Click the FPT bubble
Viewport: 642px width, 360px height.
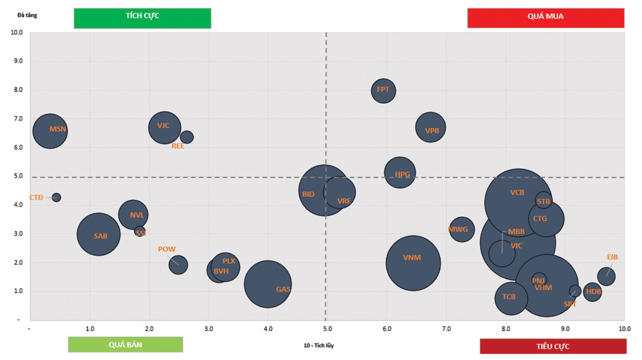(x=383, y=90)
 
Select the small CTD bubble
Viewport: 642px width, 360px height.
(x=56, y=197)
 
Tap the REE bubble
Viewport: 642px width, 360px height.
(x=187, y=137)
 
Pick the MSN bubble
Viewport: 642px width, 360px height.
(x=50, y=131)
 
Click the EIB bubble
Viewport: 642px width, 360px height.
(x=606, y=277)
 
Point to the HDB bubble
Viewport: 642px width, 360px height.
(x=592, y=292)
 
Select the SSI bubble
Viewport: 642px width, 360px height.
(x=140, y=232)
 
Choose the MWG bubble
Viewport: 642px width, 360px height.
(x=461, y=229)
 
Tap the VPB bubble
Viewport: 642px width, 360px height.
(x=431, y=128)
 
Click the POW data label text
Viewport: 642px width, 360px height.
(x=166, y=249)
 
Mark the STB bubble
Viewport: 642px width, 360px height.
(x=543, y=201)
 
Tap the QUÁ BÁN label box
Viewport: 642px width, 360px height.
(x=125, y=345)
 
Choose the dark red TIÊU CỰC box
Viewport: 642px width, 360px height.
(x=553, y=346)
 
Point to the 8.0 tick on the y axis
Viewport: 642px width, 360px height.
(x=17, y=90)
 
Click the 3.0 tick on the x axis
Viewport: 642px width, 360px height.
(x=209, y=327)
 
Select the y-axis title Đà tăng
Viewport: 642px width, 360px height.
(x=27, y=15)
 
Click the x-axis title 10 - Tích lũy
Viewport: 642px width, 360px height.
(x=319, y=345)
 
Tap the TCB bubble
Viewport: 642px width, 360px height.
(x=511, y=298)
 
